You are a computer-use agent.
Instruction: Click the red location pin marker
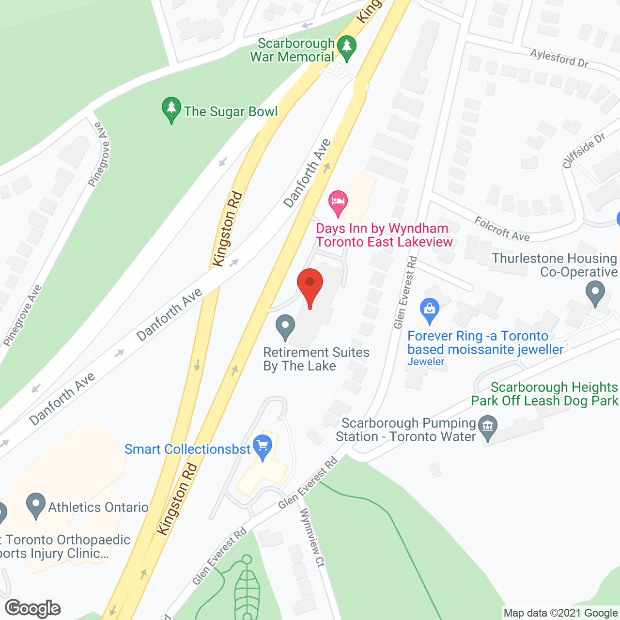[x=310, y=286]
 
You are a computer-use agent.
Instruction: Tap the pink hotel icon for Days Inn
[x=338, y=202]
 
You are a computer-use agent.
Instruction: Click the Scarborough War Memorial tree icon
[x=346, y=48]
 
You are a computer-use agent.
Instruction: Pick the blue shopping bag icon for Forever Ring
[x=430, y=310]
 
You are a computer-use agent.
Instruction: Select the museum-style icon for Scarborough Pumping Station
[x=488, y=427]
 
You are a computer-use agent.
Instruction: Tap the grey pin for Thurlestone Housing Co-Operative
[x=595, y=294]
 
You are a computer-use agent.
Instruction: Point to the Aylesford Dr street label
[x=559, y=58]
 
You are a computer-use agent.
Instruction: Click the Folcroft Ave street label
[x=502, y=229]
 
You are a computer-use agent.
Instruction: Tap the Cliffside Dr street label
[x=584, y=151]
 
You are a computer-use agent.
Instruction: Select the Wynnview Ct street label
[x=312, y=538]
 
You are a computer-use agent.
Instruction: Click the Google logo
[x=33, y=608]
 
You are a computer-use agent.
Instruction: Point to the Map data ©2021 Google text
[x=561, y=613]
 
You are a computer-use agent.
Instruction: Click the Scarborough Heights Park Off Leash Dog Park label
[x=545, y=394]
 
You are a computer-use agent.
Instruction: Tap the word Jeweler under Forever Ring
[x=426, y=362]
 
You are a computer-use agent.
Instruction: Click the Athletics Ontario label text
[x=98, y=507]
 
